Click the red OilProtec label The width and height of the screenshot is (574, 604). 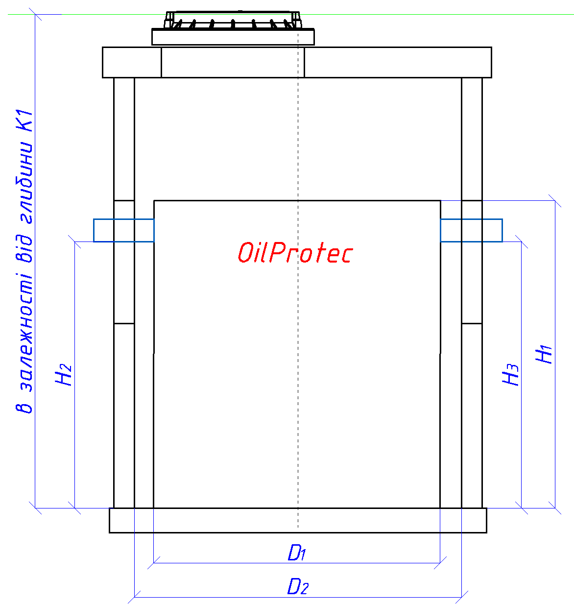(295, 253)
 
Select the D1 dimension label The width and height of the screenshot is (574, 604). (296, 552)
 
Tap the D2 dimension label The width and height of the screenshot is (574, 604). (298, 586)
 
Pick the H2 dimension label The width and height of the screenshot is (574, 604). (63, 375)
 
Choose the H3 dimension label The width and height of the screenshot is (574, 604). (510, 375)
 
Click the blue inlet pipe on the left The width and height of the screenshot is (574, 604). (124, 230)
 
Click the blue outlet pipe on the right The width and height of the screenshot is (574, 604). (471, 230)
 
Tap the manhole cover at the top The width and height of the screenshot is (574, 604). (233, 20)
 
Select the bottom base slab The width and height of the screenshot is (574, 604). (298, 520)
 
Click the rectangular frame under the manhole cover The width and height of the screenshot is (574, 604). (233, 37)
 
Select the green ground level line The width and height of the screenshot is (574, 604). (291, 14)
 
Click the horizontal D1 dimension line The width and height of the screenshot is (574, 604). (297, 563)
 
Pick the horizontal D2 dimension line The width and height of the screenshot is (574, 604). (298, 597)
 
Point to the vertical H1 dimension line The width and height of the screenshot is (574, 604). (555, 354)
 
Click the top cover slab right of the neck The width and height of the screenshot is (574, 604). (398, 62)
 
